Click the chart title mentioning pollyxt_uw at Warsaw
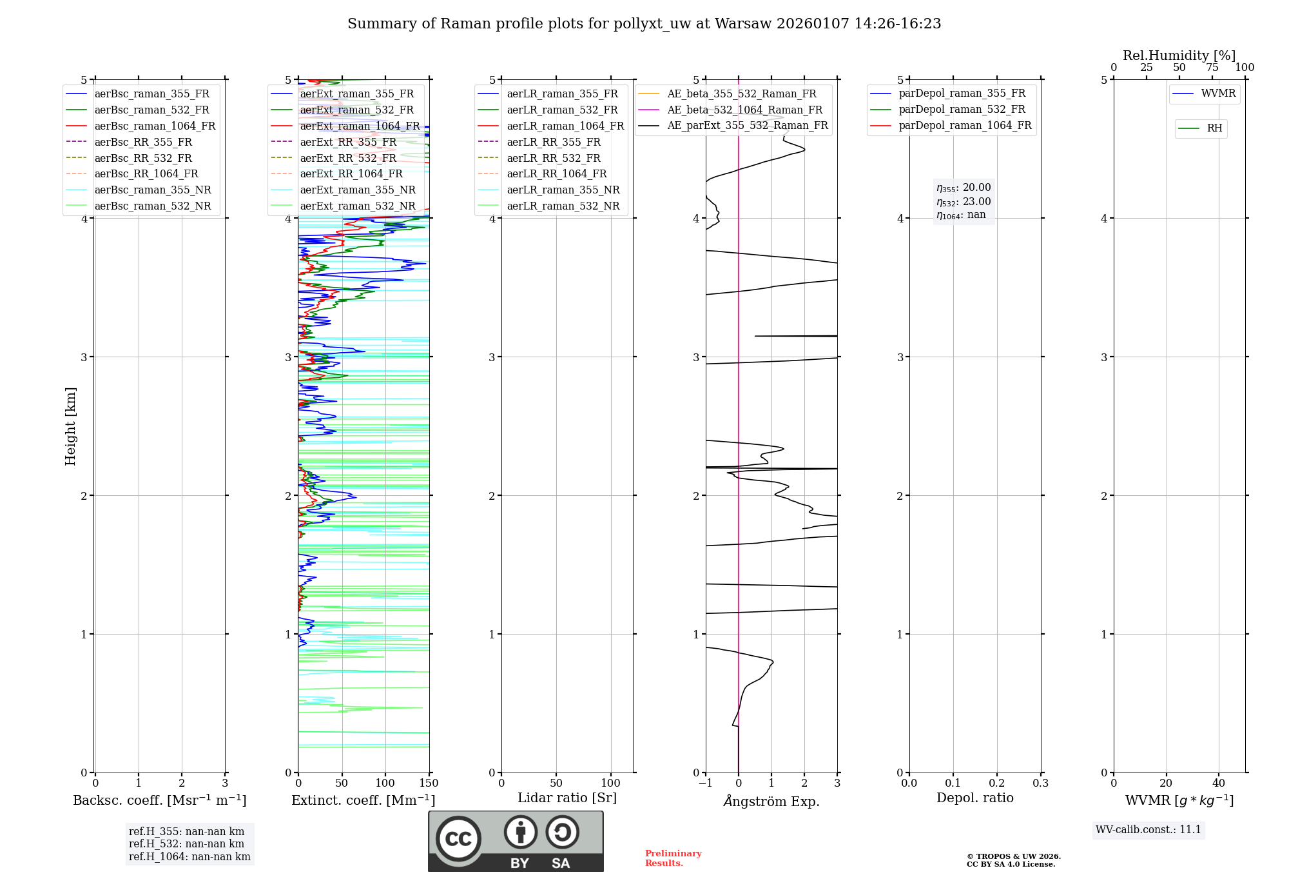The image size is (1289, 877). (644, 24)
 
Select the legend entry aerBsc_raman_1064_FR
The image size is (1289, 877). (155, 126)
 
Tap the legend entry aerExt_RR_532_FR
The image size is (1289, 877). (348, 158)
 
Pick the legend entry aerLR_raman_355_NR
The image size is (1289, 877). (563, 190)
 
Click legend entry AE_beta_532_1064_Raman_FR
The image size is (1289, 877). (744, 110)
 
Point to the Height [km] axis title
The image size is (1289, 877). (70, 426)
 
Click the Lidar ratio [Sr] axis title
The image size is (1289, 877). (567, 798)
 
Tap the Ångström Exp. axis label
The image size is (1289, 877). (771, 802)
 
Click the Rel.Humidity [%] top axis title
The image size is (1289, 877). (1179, 55)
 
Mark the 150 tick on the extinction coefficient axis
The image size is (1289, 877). (429, 783)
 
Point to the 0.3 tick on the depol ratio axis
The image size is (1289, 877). (1040, 783)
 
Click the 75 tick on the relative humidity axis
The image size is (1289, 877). (1212, 68)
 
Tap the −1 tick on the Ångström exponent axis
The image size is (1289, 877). (704, 783)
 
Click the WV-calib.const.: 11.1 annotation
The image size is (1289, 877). (1148, 830)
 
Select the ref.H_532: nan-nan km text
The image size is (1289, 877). (186, 844)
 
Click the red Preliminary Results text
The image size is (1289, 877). (673, 858)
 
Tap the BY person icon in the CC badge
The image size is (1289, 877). (520, 833)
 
